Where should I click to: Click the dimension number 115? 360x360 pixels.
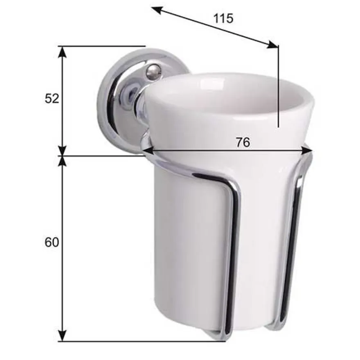pos(223,18)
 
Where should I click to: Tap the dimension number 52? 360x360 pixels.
pos(52,99)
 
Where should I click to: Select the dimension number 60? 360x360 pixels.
pos(52,242)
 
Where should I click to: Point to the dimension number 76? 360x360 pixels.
pos(243,142)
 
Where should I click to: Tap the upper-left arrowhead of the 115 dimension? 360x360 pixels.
pos(157,10)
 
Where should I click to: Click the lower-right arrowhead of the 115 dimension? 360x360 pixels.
pos(272,45)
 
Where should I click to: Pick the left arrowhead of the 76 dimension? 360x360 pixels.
pos(148,151)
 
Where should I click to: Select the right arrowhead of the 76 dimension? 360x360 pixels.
pos(307,151)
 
